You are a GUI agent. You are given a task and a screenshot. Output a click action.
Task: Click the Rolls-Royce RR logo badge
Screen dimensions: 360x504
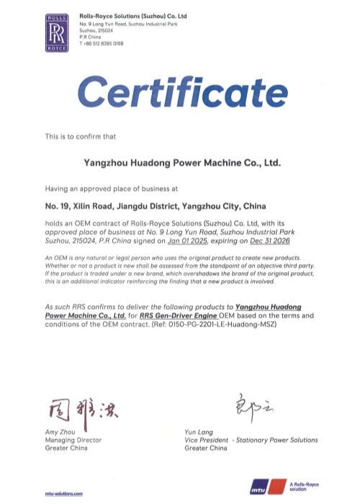pos(57,32)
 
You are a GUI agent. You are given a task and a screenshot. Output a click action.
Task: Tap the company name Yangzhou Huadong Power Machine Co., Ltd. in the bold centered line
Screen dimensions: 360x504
pos(180,163)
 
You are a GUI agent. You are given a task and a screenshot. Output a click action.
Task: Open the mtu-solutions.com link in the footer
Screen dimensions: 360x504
pos(64,494)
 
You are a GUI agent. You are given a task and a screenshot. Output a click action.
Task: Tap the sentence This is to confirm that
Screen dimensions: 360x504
pos(76,135)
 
